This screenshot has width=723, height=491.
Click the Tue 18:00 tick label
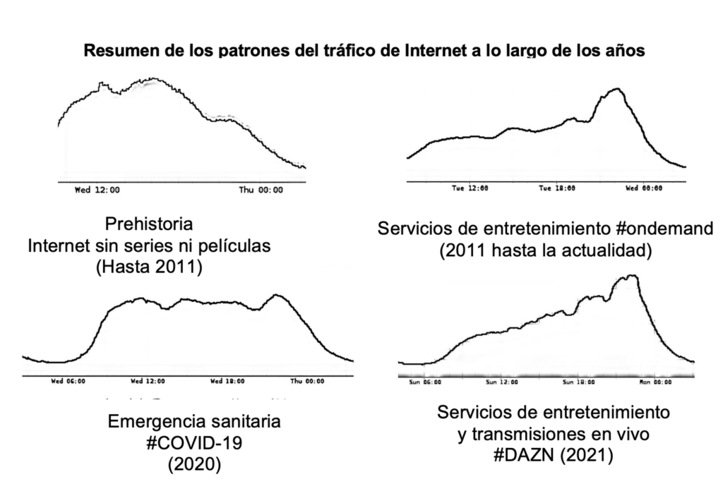[556, 188]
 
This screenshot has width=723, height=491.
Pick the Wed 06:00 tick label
[68, 381]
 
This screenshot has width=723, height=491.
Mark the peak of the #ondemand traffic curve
[617, 89]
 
